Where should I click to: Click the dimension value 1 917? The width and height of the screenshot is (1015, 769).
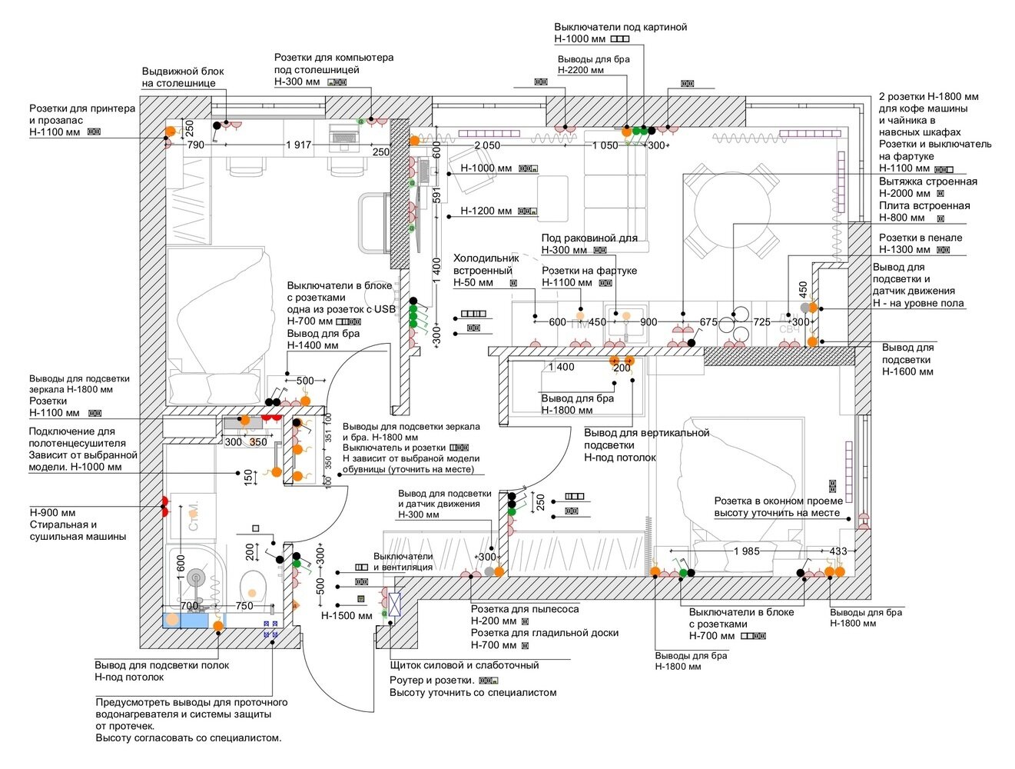(x=299, y=145)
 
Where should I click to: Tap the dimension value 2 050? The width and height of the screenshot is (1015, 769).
(x=487, y=145)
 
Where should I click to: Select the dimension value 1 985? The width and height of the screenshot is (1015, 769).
(x=747, y=551)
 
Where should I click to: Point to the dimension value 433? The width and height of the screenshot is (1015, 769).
(x=838, y=551)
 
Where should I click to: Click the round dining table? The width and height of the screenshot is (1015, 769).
(x=732, y=210)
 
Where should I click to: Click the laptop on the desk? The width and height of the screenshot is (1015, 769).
(x=343, y=136)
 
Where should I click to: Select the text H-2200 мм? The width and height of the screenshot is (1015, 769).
(x=580, y=70)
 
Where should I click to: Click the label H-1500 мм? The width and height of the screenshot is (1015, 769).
(x=347, y=615)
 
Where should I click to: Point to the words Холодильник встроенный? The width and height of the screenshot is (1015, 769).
(x=486, y=265)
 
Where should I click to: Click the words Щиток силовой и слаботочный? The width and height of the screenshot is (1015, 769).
(x=464, y=665)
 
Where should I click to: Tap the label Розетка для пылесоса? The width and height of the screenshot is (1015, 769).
(x=525, y=609)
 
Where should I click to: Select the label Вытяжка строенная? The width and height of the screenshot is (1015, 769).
(x=928, y=181)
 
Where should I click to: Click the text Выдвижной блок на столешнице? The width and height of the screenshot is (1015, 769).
(x=183, y=77)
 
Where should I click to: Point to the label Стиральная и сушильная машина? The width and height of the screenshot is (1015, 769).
(x=78, y=531)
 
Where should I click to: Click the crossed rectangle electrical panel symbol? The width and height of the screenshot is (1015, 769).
(x=394, y=604)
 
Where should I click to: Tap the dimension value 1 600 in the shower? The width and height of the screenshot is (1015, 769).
(x=181, y=568)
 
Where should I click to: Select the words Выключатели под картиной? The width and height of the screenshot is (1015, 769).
(x=621, y=27)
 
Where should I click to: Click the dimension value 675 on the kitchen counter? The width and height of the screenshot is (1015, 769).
(x=708, y=321)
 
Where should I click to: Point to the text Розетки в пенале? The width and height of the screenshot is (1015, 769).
(x=920, y=238)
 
